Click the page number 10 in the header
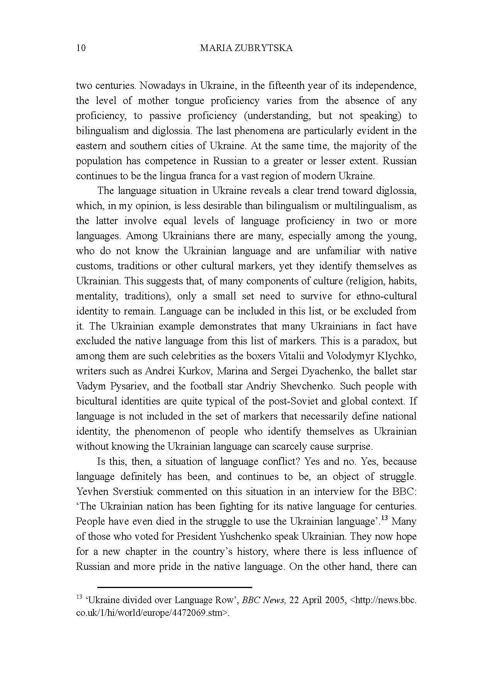[x=81, y=48]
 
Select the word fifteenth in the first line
[x=287, y=85]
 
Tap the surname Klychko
[x=398, y=356]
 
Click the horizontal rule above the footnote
[x=175, y=587]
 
